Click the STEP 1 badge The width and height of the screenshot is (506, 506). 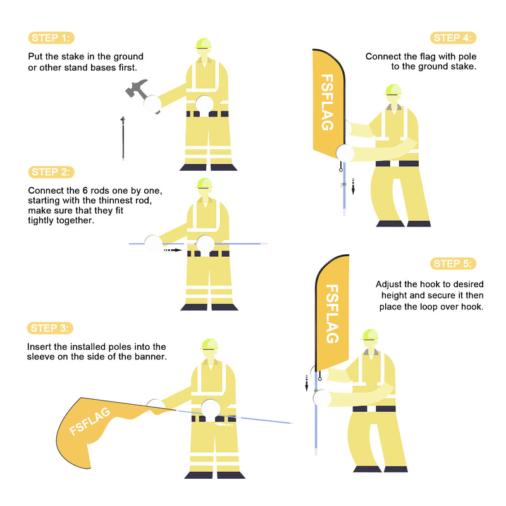tap(51, 38)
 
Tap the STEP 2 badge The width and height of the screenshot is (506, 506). tap(51, 172)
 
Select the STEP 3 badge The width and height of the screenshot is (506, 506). tap(50, 328)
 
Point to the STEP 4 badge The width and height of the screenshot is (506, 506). tap(453, 38)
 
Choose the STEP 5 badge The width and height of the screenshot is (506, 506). tap(453, 264)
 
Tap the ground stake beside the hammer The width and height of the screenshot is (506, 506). tap(123, 139)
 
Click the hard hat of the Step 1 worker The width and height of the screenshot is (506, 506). tap(203, 44)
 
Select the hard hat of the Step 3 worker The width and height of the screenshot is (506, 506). tap(209, 344)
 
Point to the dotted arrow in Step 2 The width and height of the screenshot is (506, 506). tap(173, 250)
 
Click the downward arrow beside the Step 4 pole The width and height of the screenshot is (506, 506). tap(353, 187)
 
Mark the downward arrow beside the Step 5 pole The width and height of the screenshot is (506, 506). tap(307, 383)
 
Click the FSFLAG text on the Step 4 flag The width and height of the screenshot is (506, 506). tap(327, 102)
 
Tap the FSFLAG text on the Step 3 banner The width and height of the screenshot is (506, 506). tap(90, 421)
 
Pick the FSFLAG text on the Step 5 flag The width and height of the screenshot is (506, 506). tap(332, 314)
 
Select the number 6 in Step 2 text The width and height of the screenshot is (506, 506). tap(85, 190)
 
